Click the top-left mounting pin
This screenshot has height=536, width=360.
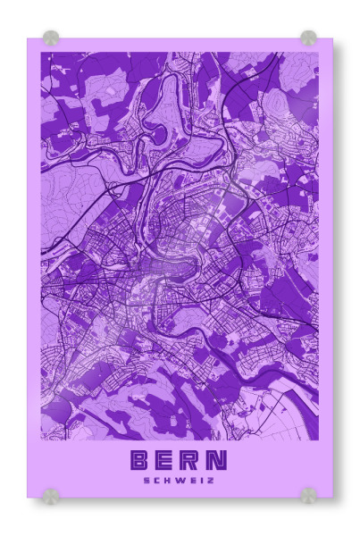[51, 38]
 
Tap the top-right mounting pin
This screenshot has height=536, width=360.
[308, 38]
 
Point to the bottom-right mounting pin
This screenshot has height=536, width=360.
[308, 495]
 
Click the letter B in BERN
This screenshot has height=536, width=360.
[141, 460]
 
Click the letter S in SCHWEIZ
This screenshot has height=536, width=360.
[147, 480]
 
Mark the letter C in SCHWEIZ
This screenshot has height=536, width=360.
[157, 480]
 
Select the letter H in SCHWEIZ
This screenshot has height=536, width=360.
[168, 480]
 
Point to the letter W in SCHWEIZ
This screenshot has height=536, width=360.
[180, 480]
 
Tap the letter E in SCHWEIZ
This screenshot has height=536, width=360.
[191, 480]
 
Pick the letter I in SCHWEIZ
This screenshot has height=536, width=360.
[200, 480]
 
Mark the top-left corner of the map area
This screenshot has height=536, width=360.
[40, 52]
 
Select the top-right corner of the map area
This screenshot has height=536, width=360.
[319, 52]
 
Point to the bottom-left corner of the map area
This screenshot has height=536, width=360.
[40, 440]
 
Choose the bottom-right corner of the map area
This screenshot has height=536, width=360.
[319, 440]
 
